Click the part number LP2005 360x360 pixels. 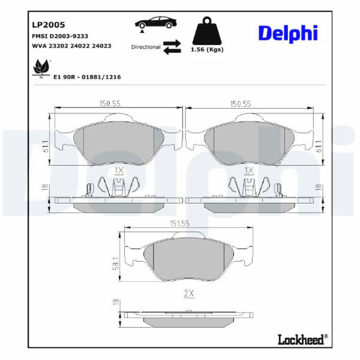(x=49, y=25)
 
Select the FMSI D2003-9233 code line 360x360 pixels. (x=60, y=36)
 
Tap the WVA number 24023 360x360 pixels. (x=101, y=46)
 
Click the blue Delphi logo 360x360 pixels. (x=288, y=34)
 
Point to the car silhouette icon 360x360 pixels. (x=155, y=23)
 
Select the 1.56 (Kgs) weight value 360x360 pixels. (x=207, y=50)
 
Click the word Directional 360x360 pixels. (x=146, y=47)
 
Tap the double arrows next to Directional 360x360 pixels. (x=172, y=47)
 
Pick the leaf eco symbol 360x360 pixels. (x=41, y=68)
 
